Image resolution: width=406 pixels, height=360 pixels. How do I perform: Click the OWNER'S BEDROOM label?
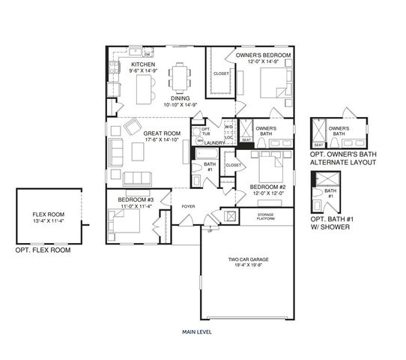(262, 55)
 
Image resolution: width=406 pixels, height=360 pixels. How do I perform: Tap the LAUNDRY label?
(215, 142)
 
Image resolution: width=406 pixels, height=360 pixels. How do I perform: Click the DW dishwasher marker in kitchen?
(148, 55)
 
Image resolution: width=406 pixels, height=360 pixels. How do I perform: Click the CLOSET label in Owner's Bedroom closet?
(221, 73)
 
